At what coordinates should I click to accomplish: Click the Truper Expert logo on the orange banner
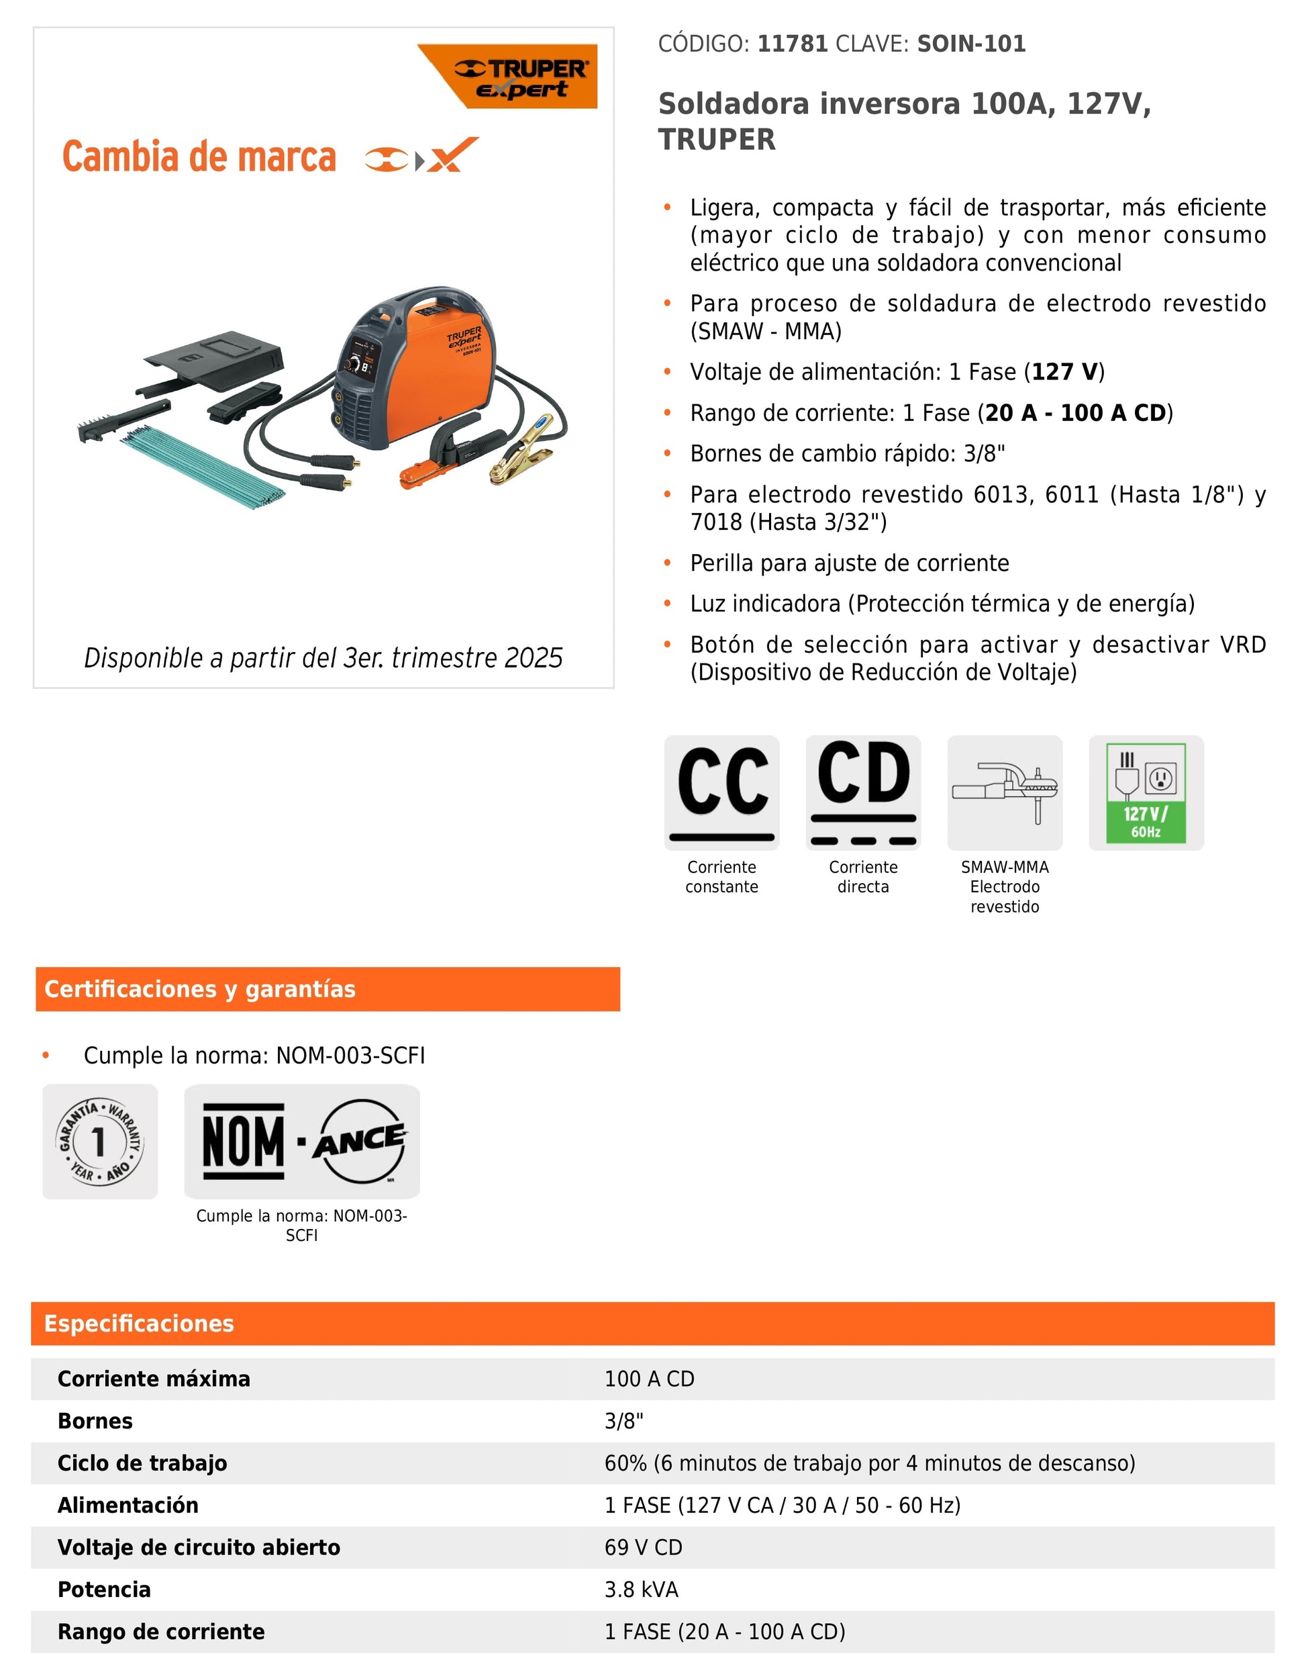(x=521, y=78)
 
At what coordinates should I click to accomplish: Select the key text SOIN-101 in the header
(x=971, y=44)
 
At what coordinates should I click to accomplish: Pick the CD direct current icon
(x=862, y=792)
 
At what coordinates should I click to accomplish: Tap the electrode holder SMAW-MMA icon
(x=1004, y=792)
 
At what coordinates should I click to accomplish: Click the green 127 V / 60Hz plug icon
(x=1146, y=792)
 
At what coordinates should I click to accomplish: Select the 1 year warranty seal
(x=100, y=1141)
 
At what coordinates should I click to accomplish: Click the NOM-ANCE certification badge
(x=302, y=1141)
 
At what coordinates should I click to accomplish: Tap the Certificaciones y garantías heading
(x=201, y=989)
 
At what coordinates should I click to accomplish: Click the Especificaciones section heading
(x=139, y=1324)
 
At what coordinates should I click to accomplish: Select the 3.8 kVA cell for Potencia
(x=641, y=1590)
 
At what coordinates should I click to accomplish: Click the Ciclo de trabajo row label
(x=142, y=1463)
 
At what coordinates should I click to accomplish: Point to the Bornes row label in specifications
(x=95, y=1421)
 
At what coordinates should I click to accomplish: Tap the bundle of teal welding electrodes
(x=203, y=468)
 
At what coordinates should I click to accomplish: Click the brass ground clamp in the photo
(x=521, y=459)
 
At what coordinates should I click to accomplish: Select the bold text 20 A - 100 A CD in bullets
(x=1074, y=413)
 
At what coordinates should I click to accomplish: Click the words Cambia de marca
(x=199, y=157)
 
